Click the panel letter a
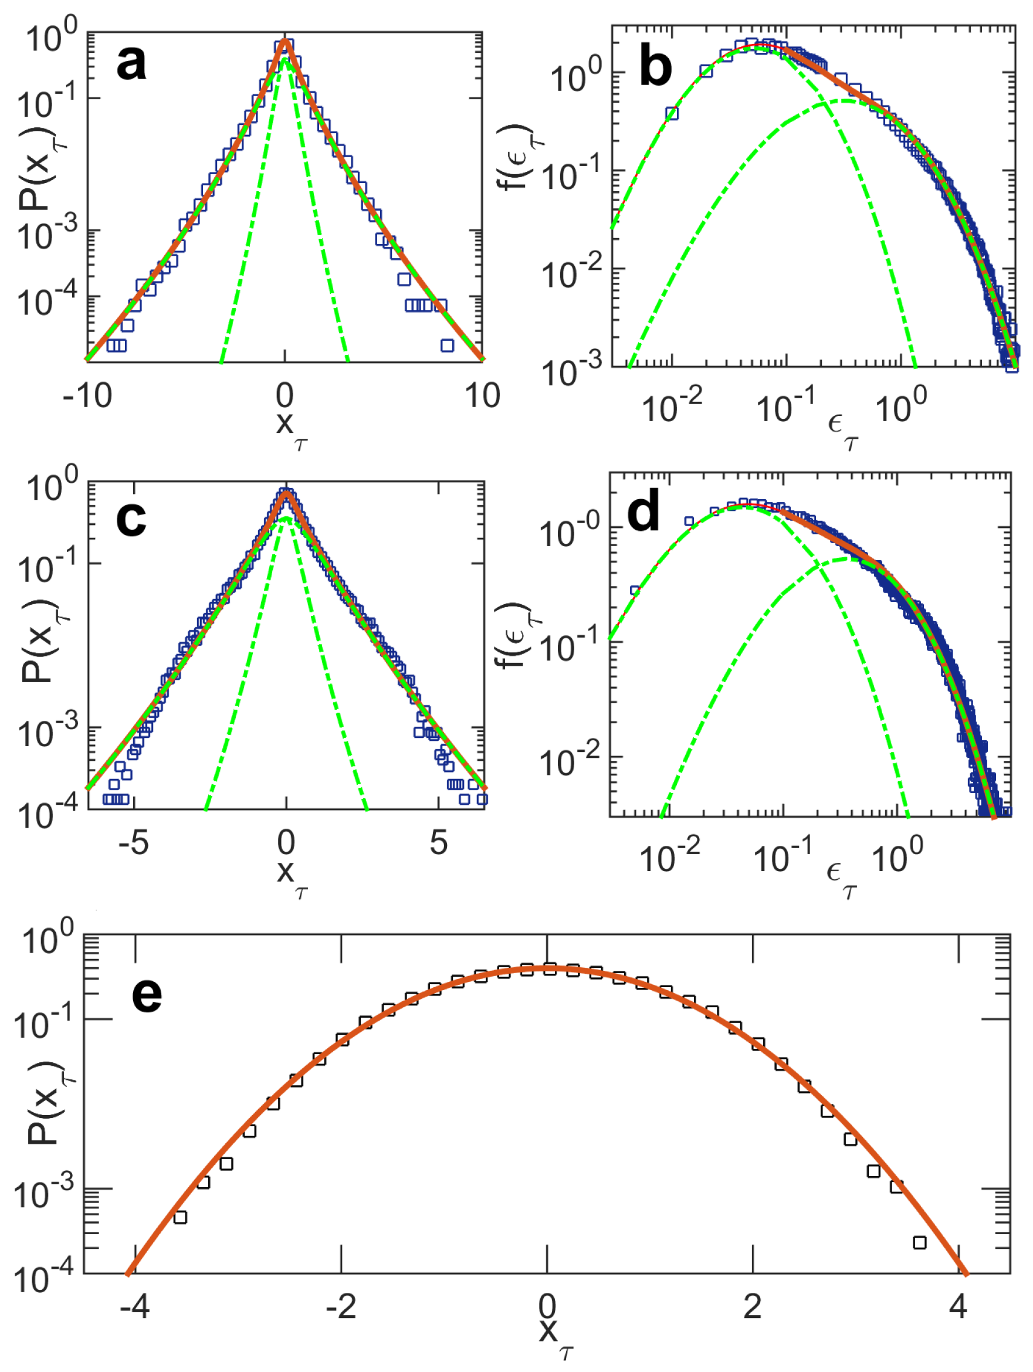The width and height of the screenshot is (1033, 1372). [x=131, y=64]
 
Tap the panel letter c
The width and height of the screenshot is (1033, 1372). [x=131, y=518]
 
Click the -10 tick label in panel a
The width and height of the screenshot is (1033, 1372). [x=87, y=395]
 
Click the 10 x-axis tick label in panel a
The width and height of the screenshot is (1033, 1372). [x=482, y=395]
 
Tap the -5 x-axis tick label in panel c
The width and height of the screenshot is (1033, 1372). [x=133, y=842]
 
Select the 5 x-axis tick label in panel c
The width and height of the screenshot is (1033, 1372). [x=439, y=842]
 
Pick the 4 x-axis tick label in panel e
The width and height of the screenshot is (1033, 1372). [x=958, y=1306]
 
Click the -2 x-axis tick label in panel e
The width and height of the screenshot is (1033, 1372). [x=341, y=1306]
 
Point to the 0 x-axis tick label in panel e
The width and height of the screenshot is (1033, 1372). [x=547, y=1306]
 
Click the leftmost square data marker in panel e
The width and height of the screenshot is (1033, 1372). [x=180, y=1217]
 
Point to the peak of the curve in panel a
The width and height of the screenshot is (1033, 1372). [x=285, y=41]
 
